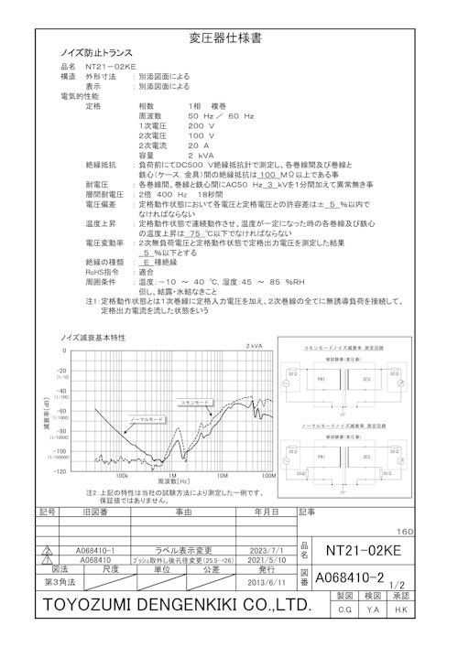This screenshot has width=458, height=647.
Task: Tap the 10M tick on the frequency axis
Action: (x=220, y=476)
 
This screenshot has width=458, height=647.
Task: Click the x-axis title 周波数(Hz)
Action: (x=172, y=480)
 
